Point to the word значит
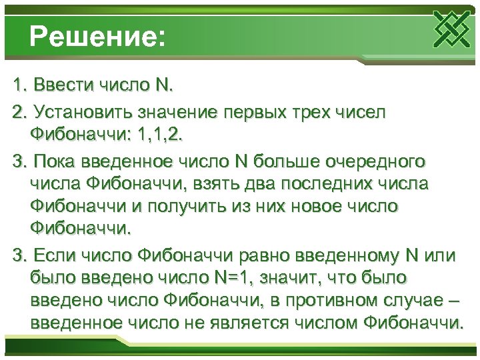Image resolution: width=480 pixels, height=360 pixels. pyautogui.click(x=310, y=277)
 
